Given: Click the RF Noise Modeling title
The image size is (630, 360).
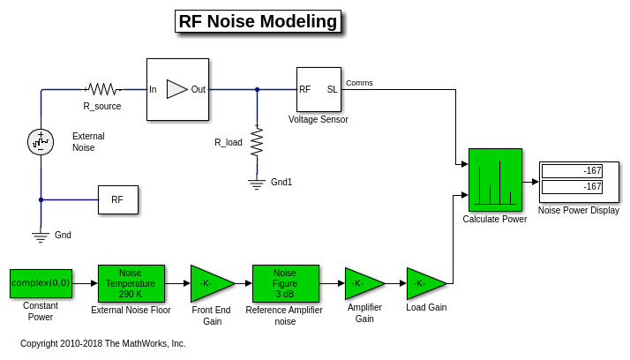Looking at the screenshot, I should (258, 21).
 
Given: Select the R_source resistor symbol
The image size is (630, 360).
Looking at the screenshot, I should (102, 89).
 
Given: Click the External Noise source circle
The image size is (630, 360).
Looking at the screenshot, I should (41, 140).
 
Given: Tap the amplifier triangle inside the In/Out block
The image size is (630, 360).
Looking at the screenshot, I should (176, 89).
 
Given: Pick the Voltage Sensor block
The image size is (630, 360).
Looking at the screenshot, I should (319, 89).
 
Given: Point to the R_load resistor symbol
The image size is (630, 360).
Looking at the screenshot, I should (257, 141).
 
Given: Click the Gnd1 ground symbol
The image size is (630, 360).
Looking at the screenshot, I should (257, 184).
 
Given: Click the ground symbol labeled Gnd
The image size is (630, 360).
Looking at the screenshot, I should (41, 236).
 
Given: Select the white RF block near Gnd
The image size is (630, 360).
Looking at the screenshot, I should (117, 199).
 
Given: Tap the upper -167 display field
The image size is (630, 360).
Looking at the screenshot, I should (572, 170).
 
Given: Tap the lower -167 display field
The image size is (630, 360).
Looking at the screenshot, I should (572, 186).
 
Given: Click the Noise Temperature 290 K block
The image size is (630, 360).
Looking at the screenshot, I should (131, 283).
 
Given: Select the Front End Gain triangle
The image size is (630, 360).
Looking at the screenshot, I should (209, 283).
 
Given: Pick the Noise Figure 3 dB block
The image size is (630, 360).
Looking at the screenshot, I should (285, 283).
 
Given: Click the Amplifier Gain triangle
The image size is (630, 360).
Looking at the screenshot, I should (362, 283).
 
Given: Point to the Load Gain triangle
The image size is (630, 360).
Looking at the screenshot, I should (424, 283).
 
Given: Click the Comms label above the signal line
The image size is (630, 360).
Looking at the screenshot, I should (359, 83).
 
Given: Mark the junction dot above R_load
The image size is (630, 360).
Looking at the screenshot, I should (257, 89).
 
